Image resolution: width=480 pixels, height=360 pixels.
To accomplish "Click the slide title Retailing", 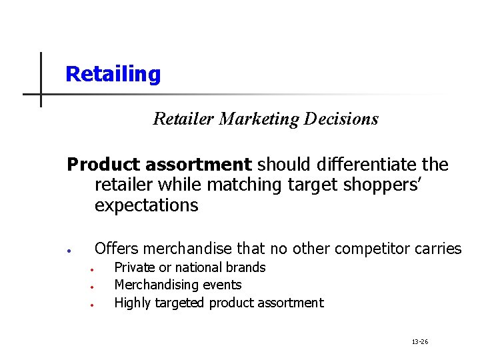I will (113, 74).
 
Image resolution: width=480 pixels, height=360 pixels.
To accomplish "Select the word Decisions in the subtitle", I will (341, 119).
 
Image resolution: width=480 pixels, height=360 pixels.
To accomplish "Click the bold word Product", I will (103, 164).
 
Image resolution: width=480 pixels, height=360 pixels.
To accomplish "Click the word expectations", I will (147, 205).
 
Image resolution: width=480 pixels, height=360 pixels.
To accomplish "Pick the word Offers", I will (117, 249).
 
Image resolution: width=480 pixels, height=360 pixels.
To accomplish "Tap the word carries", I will (437, 249).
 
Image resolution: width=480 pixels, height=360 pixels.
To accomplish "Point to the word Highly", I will (133, 303).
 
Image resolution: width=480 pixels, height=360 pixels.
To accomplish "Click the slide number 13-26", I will (420, 342).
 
